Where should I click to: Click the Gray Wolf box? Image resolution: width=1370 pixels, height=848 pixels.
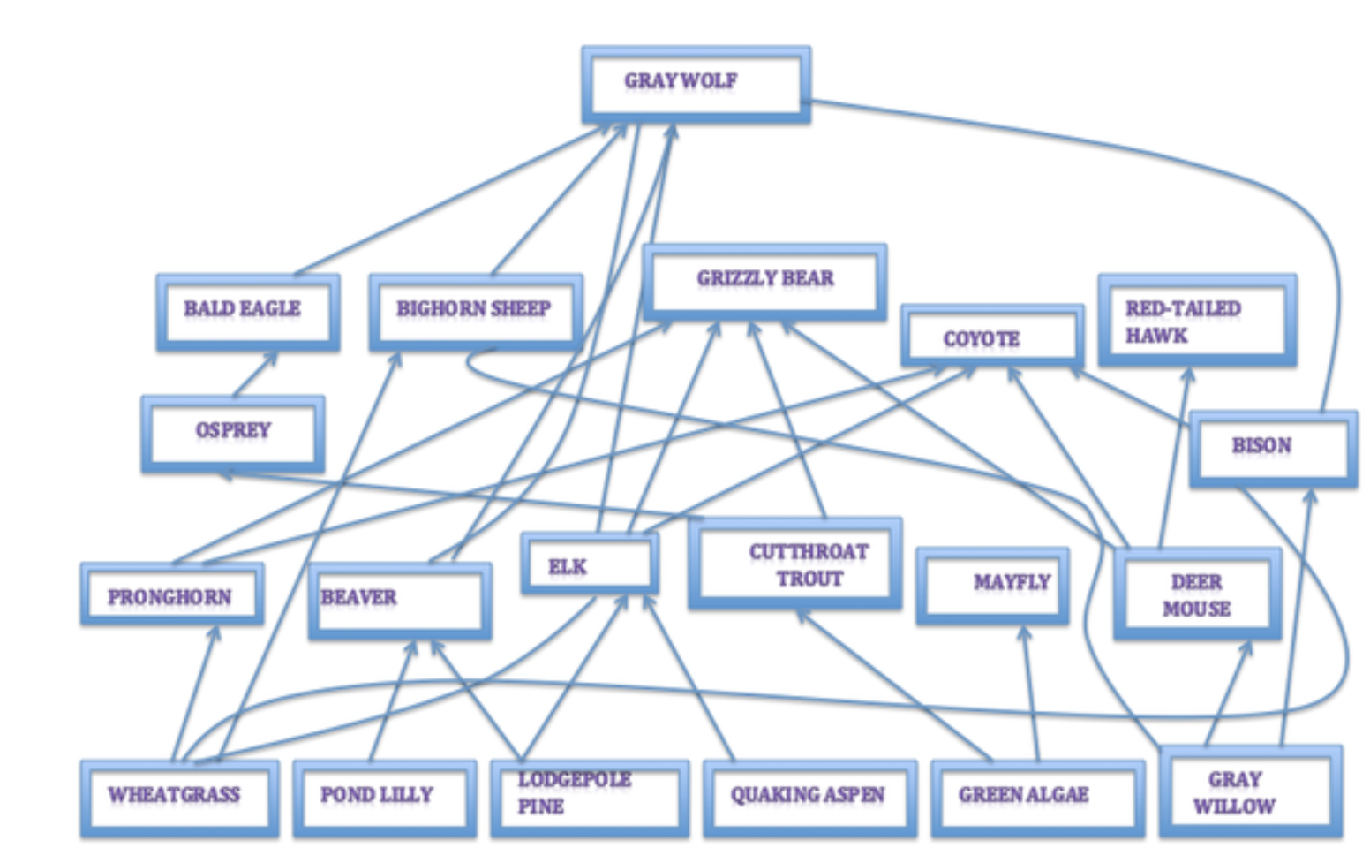pyautogui.click(x=696, y=84)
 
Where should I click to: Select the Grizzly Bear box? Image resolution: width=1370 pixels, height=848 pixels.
pyautogui.click(x=764, y=281)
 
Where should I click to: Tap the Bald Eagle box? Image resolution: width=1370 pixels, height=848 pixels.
pyautogui.click(x=248, y=312)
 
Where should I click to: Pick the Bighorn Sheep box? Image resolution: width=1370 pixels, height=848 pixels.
pyautogui.click(x=475, y=312)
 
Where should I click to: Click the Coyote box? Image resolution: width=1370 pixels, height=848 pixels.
pyautogui.click(x=991, y=337)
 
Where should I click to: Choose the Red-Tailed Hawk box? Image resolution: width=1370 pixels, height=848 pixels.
pyautogui.click(x=1197, y=320)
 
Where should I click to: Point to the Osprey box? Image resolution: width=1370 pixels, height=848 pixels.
pyautogui.click(x=233, y=433)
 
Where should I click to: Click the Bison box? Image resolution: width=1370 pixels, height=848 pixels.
pyautogui.click(x=1272, y=448)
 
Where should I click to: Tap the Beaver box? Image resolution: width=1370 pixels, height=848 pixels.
pyautogui.click(x=399, y=601)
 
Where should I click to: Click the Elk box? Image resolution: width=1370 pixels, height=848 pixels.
pyautogui.click(x=589, y=564)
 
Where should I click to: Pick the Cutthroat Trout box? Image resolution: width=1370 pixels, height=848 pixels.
pyautogui.click(x=794, y=564)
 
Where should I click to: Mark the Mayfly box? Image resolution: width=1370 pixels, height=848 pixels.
pyautogui.click(x=992, y=585)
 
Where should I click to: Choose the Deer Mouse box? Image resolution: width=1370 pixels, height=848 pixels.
pyautogui.click(x=1197, y=594)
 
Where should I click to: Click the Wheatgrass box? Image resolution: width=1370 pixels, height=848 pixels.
pyautogui.click(x=179, y=797)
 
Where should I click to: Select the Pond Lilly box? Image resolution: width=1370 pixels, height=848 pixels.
pyautogui.click(x=384, y=797)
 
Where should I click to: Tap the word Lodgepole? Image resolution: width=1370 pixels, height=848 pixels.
pyautogui.click(x=574, y=779)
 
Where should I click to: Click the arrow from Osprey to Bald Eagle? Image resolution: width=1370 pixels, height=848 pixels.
pyautogui.click(x=254, y=375)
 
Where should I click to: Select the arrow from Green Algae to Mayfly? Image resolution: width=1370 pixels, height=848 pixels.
pyautogui.click(x=1030, y=693)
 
